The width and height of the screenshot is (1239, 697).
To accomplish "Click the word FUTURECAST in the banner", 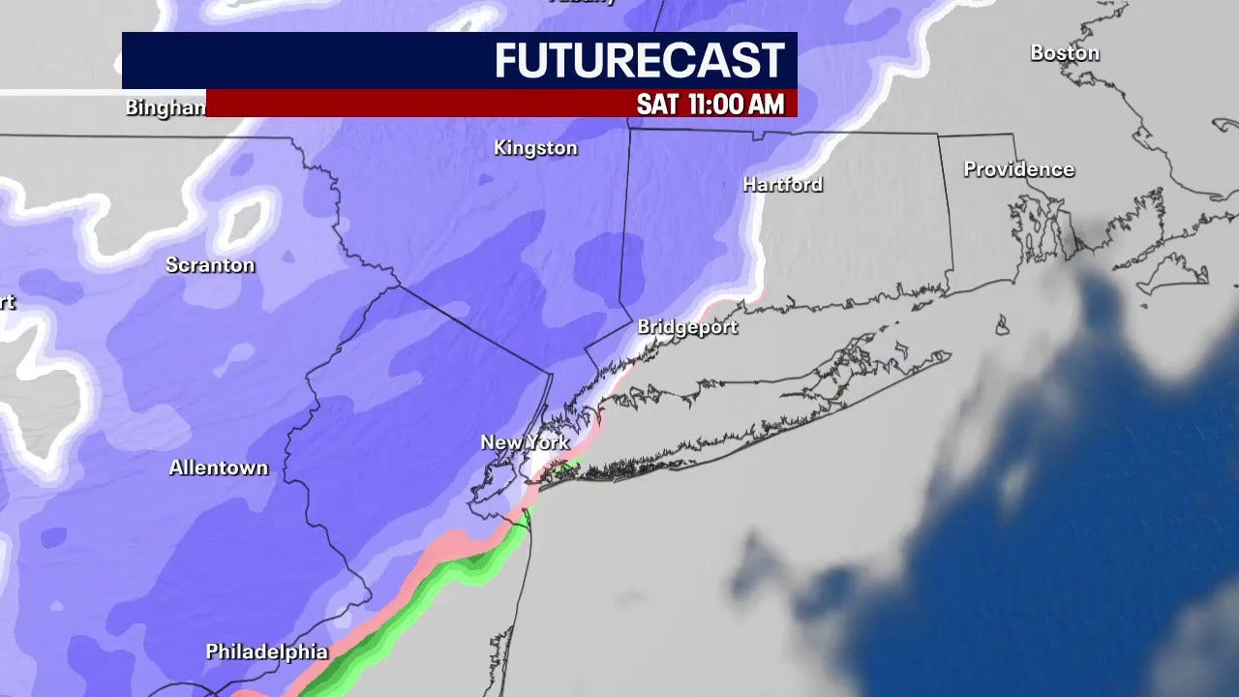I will click(639, 61).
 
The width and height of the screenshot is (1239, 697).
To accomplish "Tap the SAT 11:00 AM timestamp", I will click(710, 104).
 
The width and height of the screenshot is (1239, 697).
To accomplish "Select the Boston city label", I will click(1064, 53).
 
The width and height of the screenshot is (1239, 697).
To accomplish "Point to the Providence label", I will click(1018, 169).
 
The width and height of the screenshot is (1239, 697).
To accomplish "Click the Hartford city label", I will click(782, 184).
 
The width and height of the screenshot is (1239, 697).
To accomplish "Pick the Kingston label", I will click(535, 148).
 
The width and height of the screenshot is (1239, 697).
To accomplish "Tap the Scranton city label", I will click(210, 265).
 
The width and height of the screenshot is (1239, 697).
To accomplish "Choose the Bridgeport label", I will click(687, 327).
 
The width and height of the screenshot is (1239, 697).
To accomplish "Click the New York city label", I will click(525, 442).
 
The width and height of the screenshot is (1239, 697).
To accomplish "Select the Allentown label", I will click(218, 468).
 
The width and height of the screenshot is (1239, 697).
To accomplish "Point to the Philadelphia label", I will click(266, 652).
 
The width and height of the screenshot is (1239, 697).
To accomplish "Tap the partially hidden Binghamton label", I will click(166, 107).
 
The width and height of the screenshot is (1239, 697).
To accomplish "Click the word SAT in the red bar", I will click(657, 104).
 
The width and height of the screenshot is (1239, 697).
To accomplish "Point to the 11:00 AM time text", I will click(736, 104).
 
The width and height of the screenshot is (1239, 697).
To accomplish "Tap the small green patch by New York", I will click(567, 469).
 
